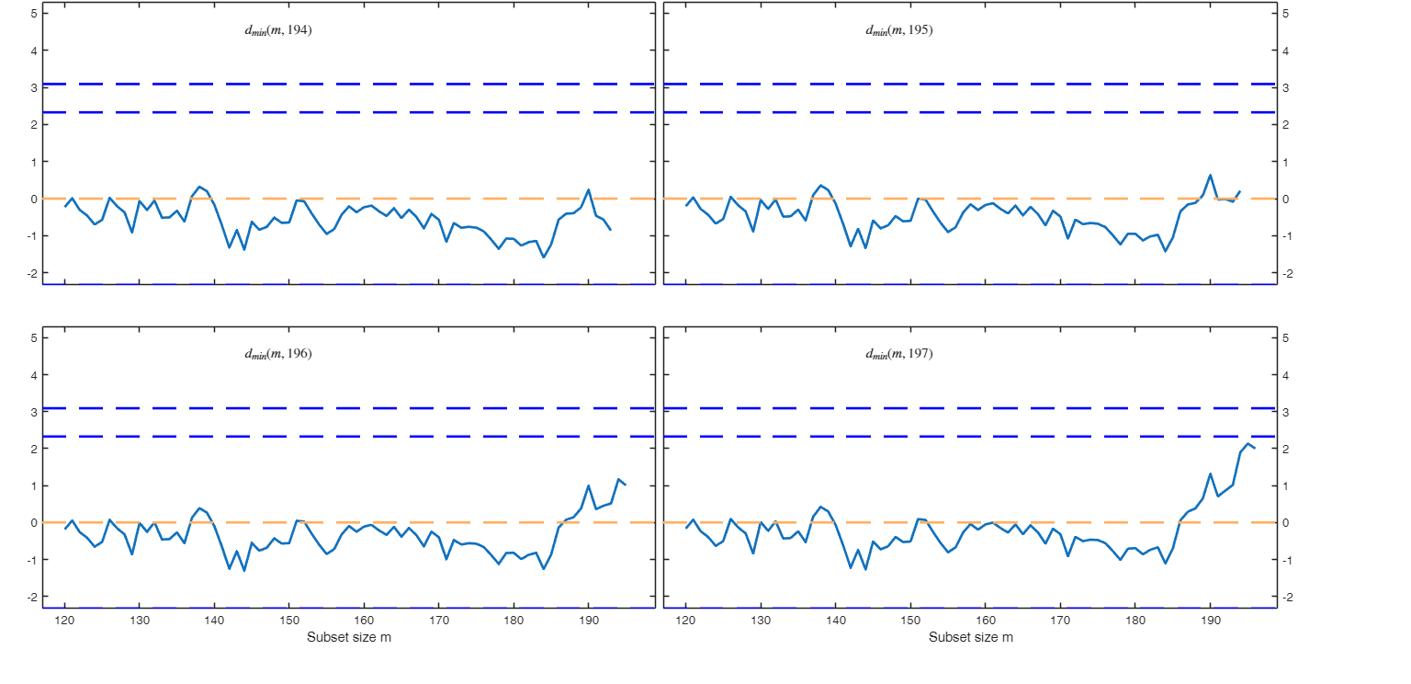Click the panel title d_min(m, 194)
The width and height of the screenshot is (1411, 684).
tap(278, 30)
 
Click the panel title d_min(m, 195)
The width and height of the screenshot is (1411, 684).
tap(899, 30)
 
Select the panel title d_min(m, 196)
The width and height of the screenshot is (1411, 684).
tap(278, 354)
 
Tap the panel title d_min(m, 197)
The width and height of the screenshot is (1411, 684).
tap(899, 354)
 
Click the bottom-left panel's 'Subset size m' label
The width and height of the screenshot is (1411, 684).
tap(349, 637)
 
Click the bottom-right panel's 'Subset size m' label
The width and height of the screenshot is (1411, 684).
tap(971, 637)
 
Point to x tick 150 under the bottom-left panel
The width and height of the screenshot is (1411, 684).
tap(289, 621)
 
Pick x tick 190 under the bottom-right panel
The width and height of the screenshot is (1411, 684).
tap(1210, 621)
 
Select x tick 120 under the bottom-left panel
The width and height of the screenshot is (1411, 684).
tap(65, 621)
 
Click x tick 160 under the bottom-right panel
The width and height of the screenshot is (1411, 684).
tap(986, 621)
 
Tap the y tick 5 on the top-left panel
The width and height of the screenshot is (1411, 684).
tap(33, 14)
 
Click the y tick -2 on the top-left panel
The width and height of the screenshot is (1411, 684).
tap(31, 273)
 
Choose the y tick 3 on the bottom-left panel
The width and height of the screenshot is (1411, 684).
tap(33, 412)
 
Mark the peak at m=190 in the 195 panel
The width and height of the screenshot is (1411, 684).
tap(1210, 175)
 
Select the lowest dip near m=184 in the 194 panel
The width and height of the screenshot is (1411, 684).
tap(543, 256)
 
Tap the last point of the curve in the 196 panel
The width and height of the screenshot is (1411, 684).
tap(626, 484)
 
